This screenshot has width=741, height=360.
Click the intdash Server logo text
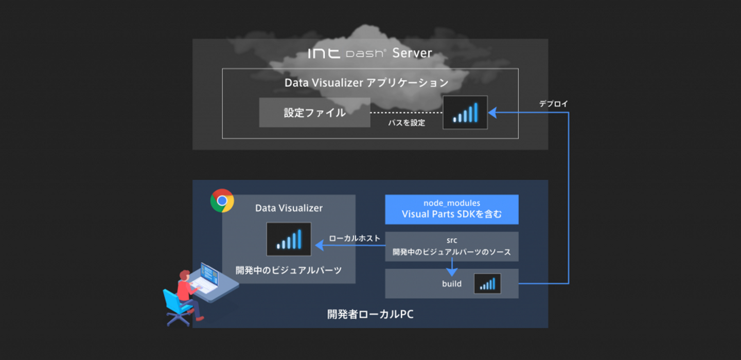tap(369, 53)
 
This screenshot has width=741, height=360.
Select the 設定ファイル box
tap(314, 113)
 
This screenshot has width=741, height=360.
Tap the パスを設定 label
tap(407, 123)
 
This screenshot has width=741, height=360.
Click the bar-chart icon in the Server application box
tap(465, 113)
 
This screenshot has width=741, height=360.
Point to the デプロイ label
tap(553, 103)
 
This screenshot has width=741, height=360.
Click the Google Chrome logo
tap(222, 201)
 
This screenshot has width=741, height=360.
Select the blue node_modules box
tap(451, 209)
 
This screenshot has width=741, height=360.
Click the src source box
tap(451, 246)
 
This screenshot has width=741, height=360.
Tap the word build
tap(452, 283)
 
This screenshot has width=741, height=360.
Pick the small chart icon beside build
tap(487, 283)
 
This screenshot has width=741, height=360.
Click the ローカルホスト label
tap(355, 238)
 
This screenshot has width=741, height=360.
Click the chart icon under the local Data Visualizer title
tap(289, 239)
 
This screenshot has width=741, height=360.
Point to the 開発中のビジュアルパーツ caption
tap(289, 270)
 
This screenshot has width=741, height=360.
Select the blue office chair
tap(175, 308)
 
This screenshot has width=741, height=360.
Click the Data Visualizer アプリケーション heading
tap(366, 83)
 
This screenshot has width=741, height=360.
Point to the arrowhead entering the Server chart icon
tap(492, 113)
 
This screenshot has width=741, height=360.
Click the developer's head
tap(184, 276)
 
